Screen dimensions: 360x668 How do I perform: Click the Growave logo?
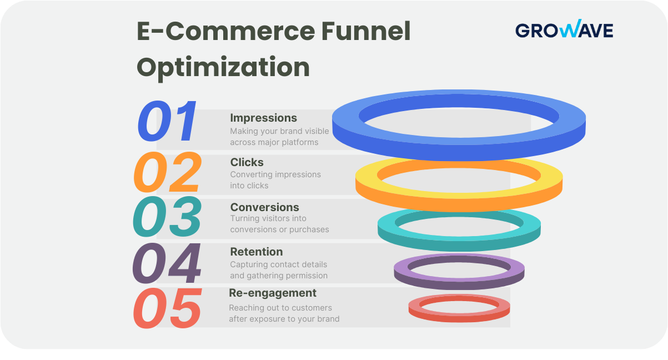pyautogui.click(x=564, y=29)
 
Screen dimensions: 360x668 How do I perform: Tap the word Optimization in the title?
pyautogui.click(x=223, y=67)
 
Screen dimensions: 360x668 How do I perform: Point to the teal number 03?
pyautogui.click(x=167, y=217)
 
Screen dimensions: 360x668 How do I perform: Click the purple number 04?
pyautogui.click(x=167, y=263)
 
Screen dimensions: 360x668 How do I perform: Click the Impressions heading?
pyautogui.click(x=263, y=118)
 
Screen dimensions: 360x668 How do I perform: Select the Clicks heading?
pyautogui.click(x=247, y=162)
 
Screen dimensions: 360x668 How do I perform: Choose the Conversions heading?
pyautogui.click(x=264, y=207)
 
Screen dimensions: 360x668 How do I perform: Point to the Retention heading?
pyautogui.click(x=256, y=252)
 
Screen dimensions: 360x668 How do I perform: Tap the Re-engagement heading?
pyautogui.click(x=273, y=293)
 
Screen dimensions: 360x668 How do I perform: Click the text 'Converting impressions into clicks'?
pyautogui.click(x=275, y=179)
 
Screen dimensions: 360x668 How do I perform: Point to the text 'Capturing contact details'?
pyautogui.click(x=278, y=264)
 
